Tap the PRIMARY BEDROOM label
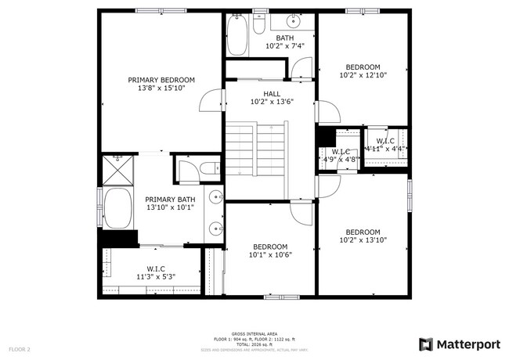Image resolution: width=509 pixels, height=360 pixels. point(161,80)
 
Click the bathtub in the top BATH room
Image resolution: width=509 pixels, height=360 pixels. point(236,34)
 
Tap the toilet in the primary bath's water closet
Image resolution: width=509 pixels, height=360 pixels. point(205,168)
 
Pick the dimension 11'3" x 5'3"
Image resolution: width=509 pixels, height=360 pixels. point(155,276)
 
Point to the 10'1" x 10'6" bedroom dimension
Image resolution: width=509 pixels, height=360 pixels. point(270,254)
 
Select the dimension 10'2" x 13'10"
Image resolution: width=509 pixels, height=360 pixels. point(363,241)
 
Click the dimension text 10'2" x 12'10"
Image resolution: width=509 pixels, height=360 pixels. point(363,76)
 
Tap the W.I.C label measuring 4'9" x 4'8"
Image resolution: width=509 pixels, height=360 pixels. point(340,152)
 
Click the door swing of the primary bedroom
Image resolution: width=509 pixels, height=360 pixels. point(208,103)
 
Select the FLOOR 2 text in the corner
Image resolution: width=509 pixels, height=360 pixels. point(20,348)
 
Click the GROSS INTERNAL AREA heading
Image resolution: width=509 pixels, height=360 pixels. point(254,333)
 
